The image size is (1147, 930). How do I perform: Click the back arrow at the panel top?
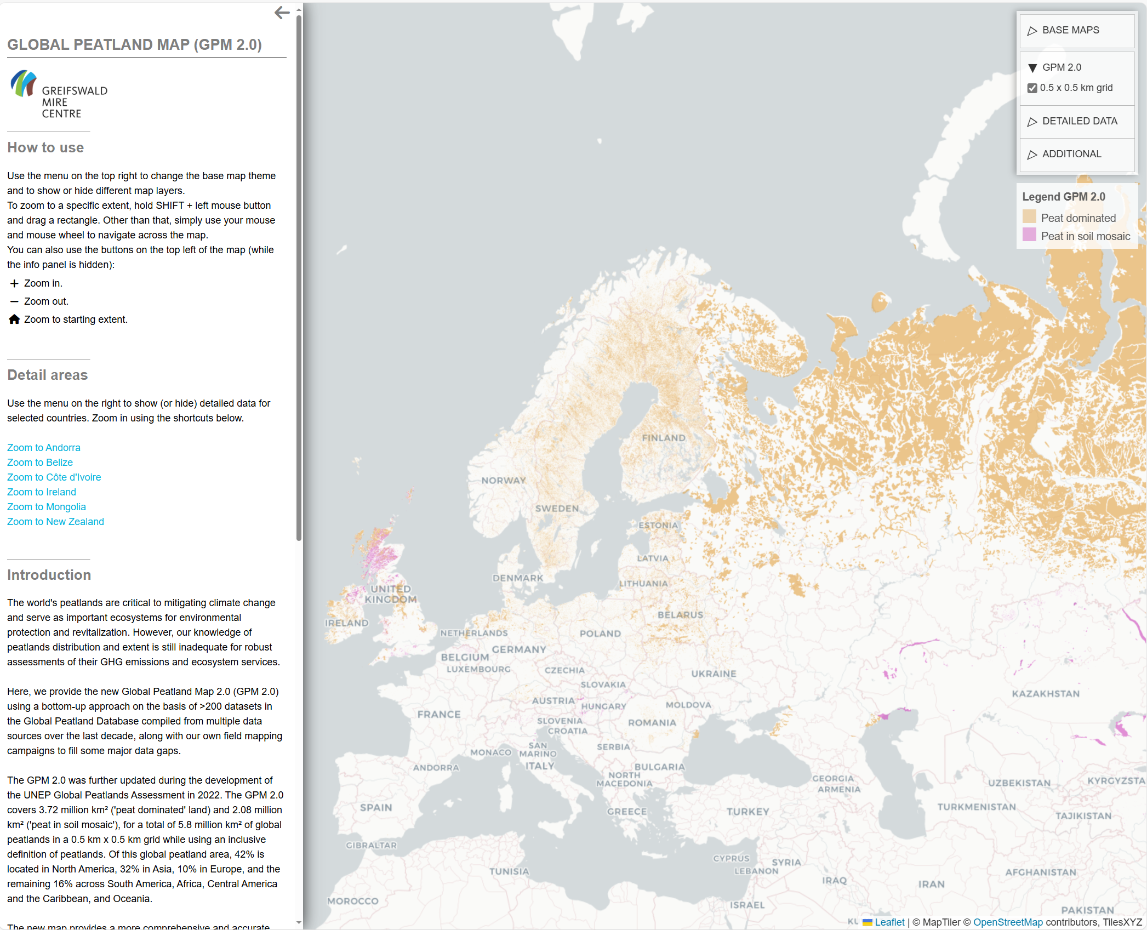(282, 13)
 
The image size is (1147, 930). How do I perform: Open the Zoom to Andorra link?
(44, 448)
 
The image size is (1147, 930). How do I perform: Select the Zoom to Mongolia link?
(47, 507)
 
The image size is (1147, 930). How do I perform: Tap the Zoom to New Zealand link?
(55, 522)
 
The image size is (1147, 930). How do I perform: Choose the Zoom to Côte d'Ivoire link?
(54, 477)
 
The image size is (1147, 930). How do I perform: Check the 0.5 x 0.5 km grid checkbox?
(1032, 88)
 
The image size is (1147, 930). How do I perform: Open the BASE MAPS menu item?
(1070, 31)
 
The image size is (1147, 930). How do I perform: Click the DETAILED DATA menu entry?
(1079, 122)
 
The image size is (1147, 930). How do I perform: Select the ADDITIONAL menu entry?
(1071, 155)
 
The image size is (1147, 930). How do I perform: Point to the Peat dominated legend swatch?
(1029, 217)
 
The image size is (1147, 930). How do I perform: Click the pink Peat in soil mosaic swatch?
(1029, 235)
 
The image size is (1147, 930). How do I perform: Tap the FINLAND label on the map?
(664, 438)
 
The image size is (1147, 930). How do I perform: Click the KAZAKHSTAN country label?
(1046, 694)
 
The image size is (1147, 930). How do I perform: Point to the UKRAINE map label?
(714, 674)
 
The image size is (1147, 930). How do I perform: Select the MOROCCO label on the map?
(352, 901)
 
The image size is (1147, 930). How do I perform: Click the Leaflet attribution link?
(889, 922)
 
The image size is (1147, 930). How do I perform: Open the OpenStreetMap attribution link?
(1008, 922)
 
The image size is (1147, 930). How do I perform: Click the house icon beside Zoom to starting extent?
(14, 319)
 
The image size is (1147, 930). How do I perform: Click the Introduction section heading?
(49, 575)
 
